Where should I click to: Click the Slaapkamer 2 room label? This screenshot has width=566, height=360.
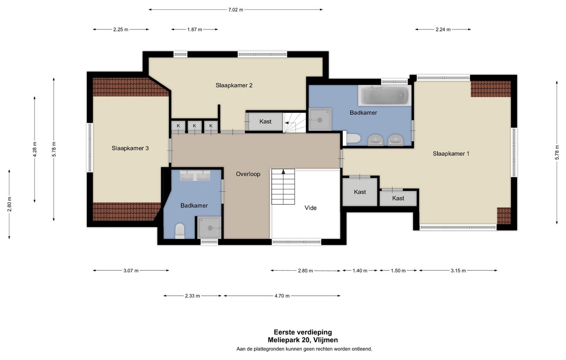[x=234, y=85]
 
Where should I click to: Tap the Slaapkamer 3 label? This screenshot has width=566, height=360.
[x=130, y=148]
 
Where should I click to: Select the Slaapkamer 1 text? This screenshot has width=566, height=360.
[x=451, y=154]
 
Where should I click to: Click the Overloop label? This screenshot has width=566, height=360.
[x=248, y=174]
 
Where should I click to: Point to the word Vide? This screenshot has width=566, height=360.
[x=311, y=208]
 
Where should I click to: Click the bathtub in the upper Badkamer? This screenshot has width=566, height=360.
[x=384, y=96]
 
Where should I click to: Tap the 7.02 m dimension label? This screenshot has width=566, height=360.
[x=236, y=10]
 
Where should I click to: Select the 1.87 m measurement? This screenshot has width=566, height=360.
[x=195, y=29]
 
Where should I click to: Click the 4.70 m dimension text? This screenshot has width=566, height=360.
[x=282, y=296]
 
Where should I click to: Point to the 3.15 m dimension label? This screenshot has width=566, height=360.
[x=458, y=271]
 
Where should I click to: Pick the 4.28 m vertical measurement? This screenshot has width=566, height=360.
[x=35, y=149]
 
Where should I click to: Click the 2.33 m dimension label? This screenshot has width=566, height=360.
[x=192, y=296]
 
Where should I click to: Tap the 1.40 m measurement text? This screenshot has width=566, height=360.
[x=360, y=271]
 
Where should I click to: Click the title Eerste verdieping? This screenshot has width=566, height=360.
[x=303, y=332]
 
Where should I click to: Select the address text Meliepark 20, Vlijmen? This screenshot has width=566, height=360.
[x=303, y=340]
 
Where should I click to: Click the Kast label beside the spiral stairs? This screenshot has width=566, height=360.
[x=265, y=121]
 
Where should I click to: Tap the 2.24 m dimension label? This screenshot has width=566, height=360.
[x=443, y=29]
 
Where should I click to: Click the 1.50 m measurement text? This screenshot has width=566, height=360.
[x=398, y=271]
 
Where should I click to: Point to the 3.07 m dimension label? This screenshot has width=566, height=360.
[x=131, y=271]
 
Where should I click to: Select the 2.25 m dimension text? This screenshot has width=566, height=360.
[x=121, y=29]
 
